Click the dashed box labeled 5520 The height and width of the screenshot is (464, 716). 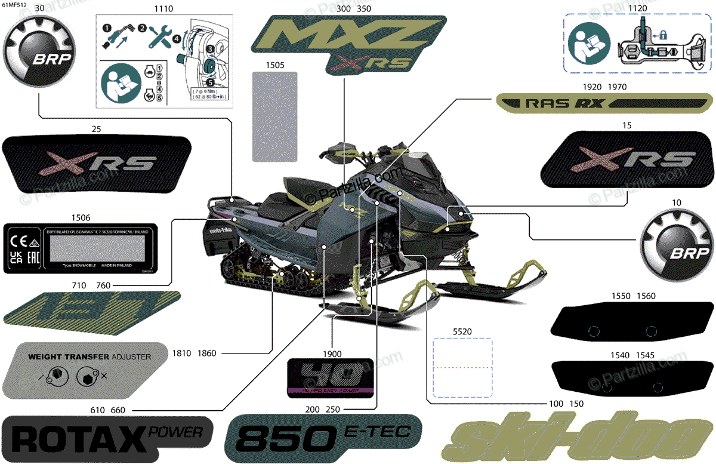(x=462, y=367)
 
